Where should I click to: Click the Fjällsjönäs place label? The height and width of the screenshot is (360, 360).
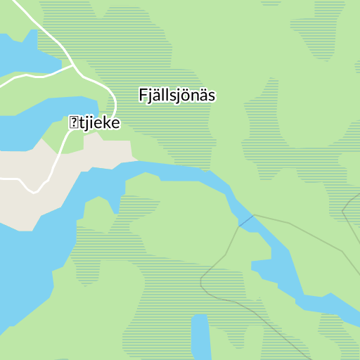point(176,95)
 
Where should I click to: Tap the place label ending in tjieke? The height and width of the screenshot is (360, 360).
point(94,123)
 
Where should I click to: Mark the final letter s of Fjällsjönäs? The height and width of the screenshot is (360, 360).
point(211,96)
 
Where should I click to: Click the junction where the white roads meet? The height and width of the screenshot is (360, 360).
point(74,68)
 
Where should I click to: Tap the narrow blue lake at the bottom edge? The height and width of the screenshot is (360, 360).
point(201,337)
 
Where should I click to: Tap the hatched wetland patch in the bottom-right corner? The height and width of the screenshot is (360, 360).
point(337,330)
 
